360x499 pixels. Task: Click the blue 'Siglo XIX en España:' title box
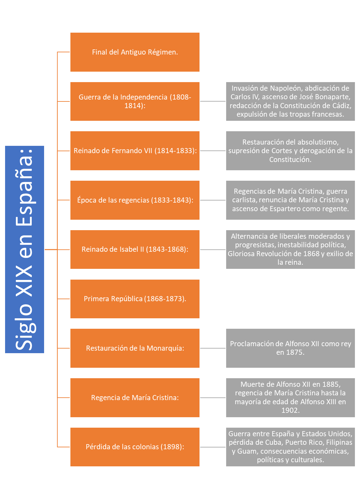[24, 249]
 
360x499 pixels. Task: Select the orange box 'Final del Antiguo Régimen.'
[135, 52]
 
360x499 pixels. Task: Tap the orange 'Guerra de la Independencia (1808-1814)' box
[135, 101]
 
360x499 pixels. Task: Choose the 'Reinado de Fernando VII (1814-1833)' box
[135, 151]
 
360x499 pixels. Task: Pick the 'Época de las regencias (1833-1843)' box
[135, 200]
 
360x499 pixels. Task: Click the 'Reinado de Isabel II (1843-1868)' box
[135, 249]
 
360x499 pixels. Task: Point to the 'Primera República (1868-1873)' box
[135, 299]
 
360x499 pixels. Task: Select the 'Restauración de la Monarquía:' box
[135, 348]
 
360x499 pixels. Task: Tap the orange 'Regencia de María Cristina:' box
[135, 398]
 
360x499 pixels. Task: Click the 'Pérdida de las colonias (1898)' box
[135, 447]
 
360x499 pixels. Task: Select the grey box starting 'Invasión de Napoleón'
[291, 101]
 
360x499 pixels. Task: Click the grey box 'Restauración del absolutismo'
[291, 151]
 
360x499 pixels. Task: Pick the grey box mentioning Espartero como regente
[291, 200]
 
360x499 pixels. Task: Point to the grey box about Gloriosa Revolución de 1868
[291, 249]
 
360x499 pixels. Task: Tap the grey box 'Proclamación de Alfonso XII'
[291, 348]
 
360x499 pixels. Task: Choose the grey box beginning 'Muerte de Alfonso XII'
[291, 398]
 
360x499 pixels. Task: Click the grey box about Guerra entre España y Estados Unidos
[291, 447]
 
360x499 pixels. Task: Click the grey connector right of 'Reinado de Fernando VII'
[213, 151]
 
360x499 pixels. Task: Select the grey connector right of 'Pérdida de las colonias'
[213, 447]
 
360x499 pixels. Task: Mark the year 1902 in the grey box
[290, 410]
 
